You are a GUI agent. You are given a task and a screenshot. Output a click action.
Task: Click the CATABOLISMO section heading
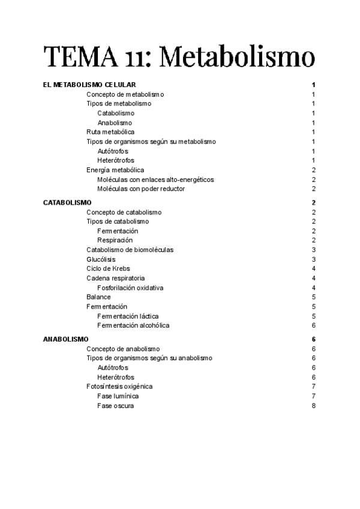point(67,203)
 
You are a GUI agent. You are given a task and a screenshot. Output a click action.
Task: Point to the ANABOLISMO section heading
point(66,339)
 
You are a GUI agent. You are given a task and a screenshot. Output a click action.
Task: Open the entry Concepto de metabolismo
point(125,94)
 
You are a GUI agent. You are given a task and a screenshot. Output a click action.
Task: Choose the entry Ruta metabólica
point(110,132)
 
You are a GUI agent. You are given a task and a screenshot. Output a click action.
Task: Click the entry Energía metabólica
point(115,170)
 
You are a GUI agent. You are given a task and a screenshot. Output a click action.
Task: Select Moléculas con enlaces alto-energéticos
point(155,179)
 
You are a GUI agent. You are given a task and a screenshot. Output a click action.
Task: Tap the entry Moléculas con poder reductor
point(141,188)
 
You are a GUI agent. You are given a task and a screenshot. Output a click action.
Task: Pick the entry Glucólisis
point(101,259)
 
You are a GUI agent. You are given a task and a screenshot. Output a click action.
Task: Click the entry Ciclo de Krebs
point(108,268)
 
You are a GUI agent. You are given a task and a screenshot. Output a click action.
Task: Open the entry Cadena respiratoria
point(115,278)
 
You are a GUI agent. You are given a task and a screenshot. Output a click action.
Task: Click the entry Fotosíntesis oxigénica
point(119,387)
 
